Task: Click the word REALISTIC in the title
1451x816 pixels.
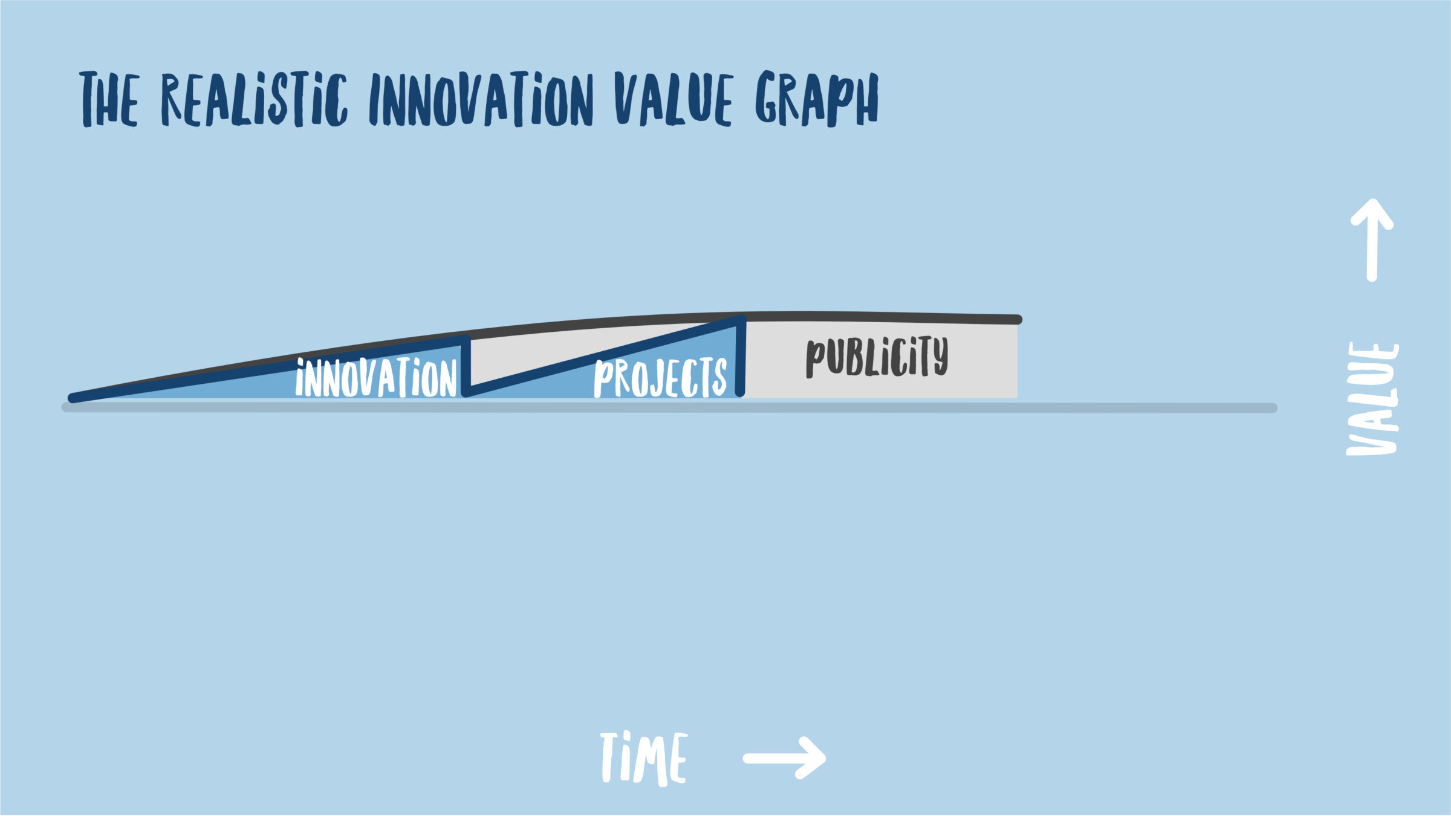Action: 255,99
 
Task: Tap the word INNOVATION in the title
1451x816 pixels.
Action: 481,99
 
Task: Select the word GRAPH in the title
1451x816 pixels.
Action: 817,99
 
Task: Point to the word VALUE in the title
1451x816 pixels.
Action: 674,99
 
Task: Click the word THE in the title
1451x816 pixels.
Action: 109,99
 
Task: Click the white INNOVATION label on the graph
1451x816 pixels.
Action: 376,377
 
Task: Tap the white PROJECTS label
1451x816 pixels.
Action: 660,378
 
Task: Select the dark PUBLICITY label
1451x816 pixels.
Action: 877,357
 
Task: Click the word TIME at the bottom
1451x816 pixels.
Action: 643,759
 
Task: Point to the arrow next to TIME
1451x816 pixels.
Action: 784,758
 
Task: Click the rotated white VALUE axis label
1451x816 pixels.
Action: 1372,399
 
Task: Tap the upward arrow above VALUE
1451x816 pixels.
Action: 1372,240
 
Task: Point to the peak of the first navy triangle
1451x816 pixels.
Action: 466,340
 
